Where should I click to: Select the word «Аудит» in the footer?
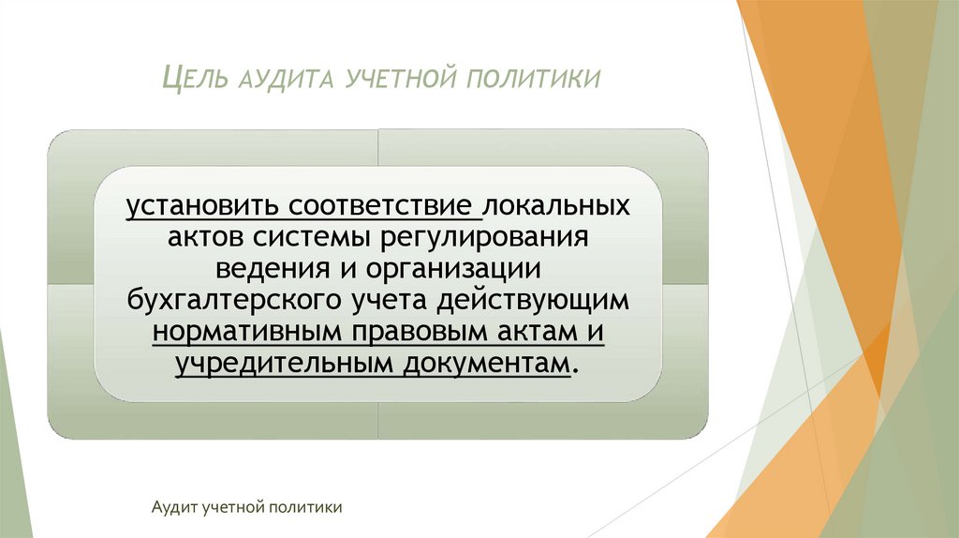click(x=170, y=507)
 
